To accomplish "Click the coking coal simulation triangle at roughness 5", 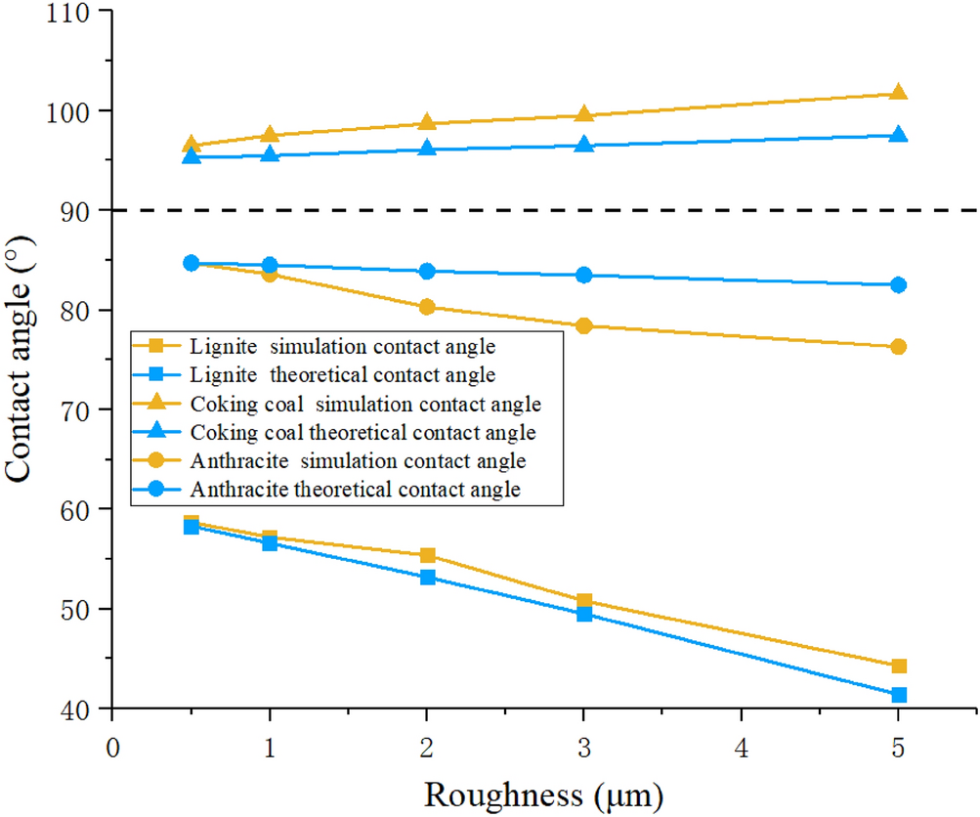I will tap(898, 93).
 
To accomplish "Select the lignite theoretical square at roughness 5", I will tap(898, 695).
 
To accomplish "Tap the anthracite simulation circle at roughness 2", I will tap(427, 307).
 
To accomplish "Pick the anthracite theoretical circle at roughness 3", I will tap(584, 275).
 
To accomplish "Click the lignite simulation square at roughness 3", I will tap(584, 601).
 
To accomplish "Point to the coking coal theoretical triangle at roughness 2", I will tap(427, 149).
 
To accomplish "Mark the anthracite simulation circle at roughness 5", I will tap(898, 347).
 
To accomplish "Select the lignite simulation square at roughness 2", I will tap(427, 555).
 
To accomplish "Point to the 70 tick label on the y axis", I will tap(80, 410).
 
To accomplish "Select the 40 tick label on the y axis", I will tap(80, 709).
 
